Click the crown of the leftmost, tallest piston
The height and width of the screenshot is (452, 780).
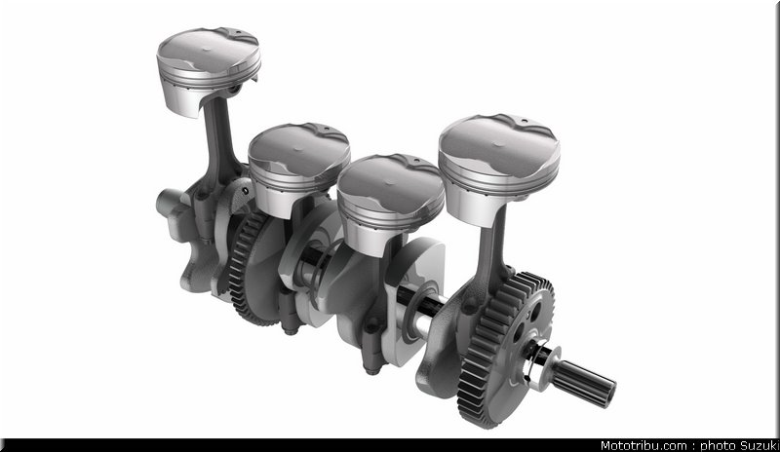click(208, 50)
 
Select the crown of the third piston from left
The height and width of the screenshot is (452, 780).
click(391, 180)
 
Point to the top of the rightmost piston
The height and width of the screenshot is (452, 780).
click(499, 144)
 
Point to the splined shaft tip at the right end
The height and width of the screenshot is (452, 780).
click(586, 383)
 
